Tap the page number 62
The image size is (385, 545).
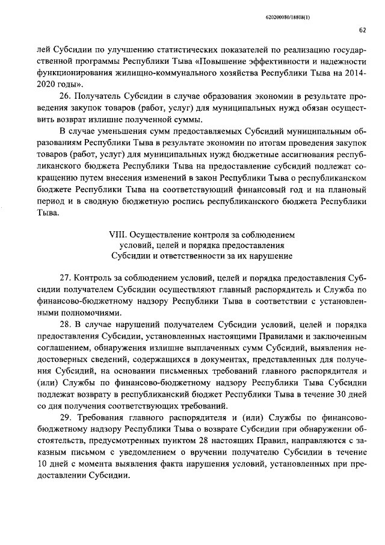click(x=363, y=30)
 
